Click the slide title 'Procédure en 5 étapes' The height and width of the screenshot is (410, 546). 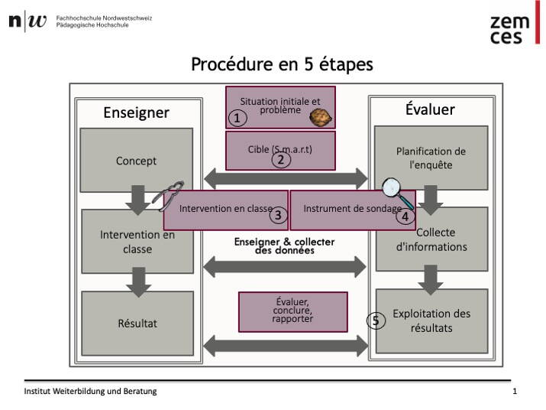pyautogui.click(x=282, y=64)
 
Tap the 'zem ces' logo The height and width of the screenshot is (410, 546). pyautogui.click(x=510, y=30)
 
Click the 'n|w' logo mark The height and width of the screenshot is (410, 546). pyautogui.click(x=27, y=21)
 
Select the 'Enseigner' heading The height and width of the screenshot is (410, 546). pyautogui.click(x=136, y=113)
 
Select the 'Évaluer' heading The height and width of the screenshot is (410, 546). pyautogui.click(x=430, y=109)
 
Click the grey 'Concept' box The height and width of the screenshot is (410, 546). pyautogui.click(x=136, y=161)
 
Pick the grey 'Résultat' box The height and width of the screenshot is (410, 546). pyautogui.click(x=137, y=323)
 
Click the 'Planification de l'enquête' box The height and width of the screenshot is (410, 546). pyautogui.click(x=431, y=158)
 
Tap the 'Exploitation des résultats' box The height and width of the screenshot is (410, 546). pyautogui.click(x=431, y=321)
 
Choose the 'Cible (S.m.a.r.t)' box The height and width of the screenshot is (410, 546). pyautogui.click(x=280, y=149)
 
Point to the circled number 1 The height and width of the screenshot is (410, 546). pyautogui.click(x=237, y=118)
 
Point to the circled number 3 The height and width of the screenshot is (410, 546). pyautogui.click(x=278, y=215)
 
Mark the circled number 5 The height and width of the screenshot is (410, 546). pyautogui.click(x=375, y=321)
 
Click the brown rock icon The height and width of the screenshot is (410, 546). pyautogui.click(x=319, y=117)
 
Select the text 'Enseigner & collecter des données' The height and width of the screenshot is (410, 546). pyautogui.click(x=284, y=246)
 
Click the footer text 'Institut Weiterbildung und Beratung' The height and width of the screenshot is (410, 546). pyautogui.click(x=90, y=391)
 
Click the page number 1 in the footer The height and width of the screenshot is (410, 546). pyautogui.click(x=515, y=391)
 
